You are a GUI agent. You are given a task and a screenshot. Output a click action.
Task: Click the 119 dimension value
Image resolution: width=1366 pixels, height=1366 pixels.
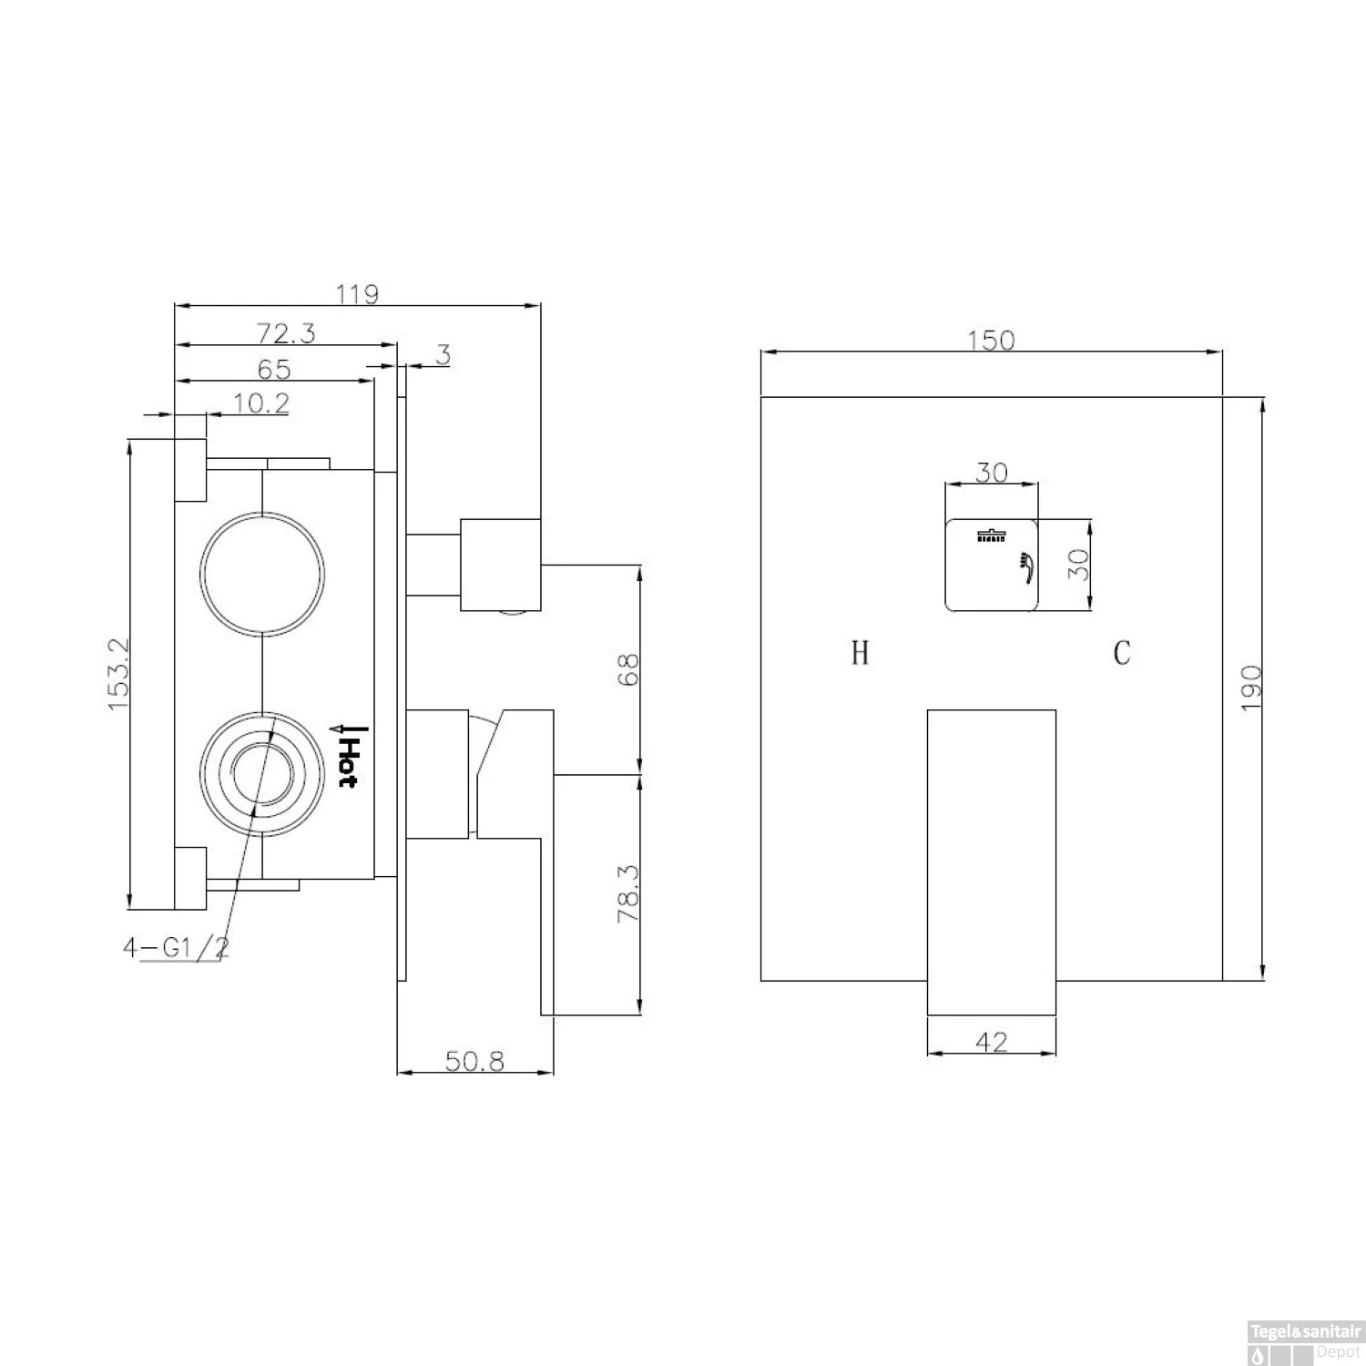point(357,294)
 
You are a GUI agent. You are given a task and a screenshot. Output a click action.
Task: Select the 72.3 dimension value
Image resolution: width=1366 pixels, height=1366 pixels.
point(285,333)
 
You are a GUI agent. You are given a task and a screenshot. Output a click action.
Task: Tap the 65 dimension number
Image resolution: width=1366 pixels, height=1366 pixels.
point(273,369)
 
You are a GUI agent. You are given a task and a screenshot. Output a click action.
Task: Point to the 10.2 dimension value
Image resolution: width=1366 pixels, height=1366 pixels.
point(261,403)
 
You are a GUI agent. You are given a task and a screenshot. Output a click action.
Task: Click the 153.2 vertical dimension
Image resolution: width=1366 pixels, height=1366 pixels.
point(119,675)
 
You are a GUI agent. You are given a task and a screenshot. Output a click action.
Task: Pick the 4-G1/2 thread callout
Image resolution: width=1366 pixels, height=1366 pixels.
point(176,948)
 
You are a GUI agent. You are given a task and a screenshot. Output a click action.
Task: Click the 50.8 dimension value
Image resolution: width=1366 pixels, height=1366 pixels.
point(474,1061)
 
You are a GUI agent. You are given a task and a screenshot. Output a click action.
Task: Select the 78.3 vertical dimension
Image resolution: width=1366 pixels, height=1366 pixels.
point(629,894)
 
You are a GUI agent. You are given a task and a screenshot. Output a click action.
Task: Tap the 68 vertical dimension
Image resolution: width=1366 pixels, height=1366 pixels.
point(629,670)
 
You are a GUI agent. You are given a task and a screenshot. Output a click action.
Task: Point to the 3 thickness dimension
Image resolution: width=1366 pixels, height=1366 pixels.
point(443,354)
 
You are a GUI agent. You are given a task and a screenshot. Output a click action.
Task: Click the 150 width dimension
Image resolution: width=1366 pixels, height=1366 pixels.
point(991,340)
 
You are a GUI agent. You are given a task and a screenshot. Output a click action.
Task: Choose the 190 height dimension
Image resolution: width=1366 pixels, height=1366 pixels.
point(1250,688)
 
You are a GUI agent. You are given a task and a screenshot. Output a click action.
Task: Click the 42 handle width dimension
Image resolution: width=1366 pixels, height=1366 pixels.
point(991,1042)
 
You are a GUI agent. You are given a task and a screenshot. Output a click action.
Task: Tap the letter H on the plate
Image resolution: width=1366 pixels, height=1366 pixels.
point(860,653)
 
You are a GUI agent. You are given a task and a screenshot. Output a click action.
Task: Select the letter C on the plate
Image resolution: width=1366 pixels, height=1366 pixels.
point(1122,653)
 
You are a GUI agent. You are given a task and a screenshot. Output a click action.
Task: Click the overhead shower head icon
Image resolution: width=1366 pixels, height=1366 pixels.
point(988,535)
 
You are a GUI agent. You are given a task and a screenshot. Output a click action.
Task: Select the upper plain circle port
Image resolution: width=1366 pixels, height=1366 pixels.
point(262,574)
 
